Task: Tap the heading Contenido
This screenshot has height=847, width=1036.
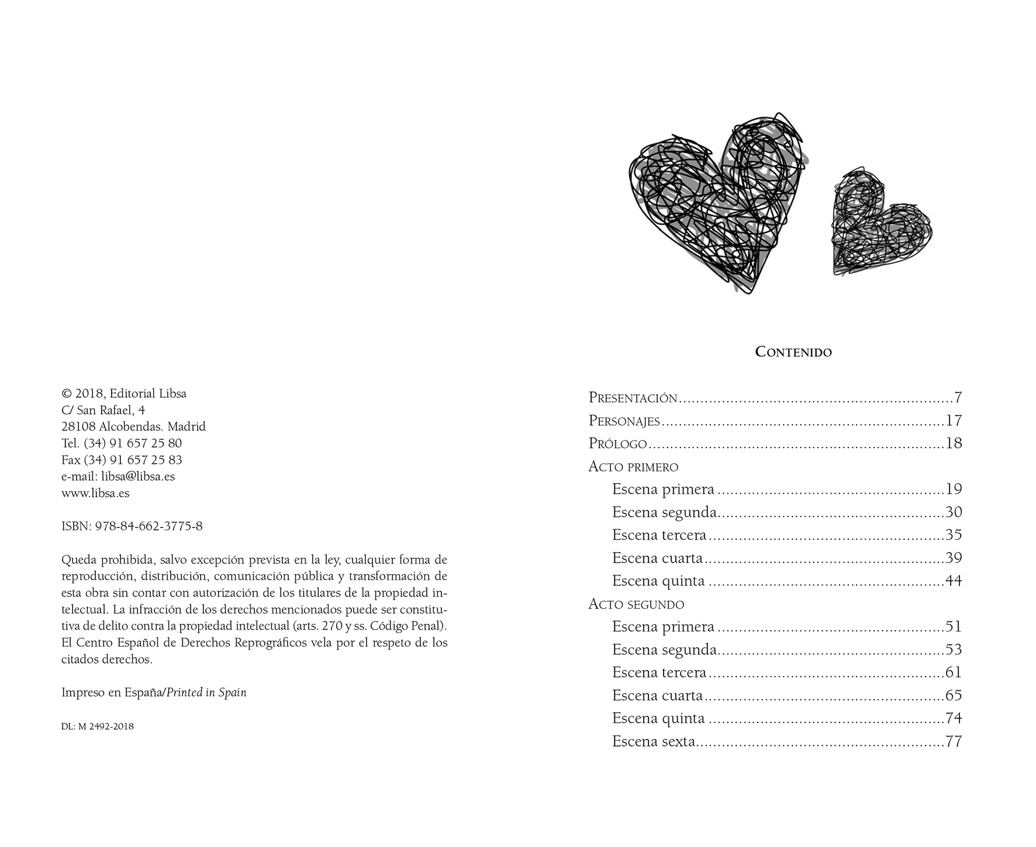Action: pyautogui.click(x=793, y=352)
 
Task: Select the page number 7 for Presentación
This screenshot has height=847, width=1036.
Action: pyautogui.click(x=958, y=398)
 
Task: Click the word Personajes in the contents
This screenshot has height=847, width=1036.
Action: pyautogui.click(x=624, y=421)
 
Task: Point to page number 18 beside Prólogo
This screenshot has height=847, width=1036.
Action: pyautogui.click(x=954, y=444)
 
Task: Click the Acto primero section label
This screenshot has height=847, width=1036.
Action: pyautogui.click(x=633, y=467)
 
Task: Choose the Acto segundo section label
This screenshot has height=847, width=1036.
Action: pyautogui.click(x=636, y=604)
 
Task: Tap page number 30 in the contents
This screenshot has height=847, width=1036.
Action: pyautogui.click(x=954, y=512)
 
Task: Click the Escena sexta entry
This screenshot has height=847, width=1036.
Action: pyautogui.click(x=654, y=742)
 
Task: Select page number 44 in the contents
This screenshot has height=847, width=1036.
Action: pyautogui.click(x=954, y=581)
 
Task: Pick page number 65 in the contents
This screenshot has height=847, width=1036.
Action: pyautogui.click(x=954, y=696)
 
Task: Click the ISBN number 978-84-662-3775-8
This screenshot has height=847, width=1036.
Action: pyautogui.click(x=149, y=526)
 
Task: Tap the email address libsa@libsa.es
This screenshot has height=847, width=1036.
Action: pyautogui.click(x=138, y=477)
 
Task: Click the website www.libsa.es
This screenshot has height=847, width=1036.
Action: pyautogui.click(x=95, y=494)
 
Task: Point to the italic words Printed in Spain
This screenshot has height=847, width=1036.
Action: pyautogui.click(x=207, y=693)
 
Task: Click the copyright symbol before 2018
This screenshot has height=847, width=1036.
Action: pyautogui.click(x=66, y=394)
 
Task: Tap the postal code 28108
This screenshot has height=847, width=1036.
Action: pyautogui.click(x=78, y=427)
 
